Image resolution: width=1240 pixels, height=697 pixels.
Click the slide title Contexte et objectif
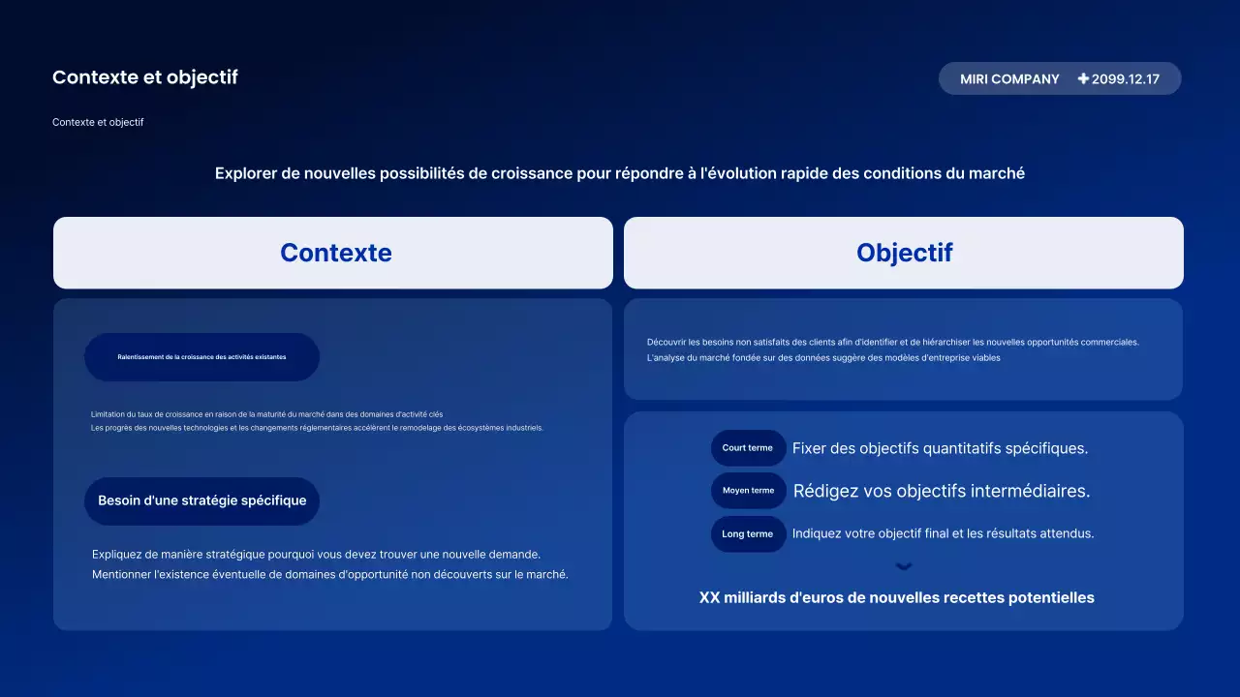145,77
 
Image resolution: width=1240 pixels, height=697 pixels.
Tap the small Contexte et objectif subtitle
98,123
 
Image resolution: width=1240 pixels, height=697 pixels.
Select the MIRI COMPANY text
1009,79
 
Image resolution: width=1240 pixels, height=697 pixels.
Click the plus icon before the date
1083,78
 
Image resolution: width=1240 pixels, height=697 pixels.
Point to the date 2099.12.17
1126,79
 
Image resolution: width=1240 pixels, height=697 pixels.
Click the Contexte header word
336,253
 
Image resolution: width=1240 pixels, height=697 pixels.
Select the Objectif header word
905,253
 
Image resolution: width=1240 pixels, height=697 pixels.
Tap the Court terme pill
748,448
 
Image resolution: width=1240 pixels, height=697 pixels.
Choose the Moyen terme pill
748,491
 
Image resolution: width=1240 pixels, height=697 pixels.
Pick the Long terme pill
748,533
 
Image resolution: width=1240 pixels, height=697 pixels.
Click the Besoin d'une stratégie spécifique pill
201,500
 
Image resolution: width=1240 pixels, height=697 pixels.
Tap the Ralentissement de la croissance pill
201,357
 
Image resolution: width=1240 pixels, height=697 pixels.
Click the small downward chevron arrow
904,567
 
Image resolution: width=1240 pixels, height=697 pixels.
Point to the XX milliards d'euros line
897,598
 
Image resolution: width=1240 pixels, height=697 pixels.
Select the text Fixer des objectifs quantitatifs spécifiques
940,448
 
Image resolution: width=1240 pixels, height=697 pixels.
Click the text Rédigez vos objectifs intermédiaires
942,491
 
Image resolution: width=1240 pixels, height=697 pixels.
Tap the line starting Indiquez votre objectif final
944,533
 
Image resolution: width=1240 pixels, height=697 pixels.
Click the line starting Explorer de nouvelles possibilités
620,173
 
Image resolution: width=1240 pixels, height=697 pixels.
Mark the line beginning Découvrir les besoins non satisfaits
893,342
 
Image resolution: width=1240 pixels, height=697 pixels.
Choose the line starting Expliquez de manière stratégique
316,555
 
